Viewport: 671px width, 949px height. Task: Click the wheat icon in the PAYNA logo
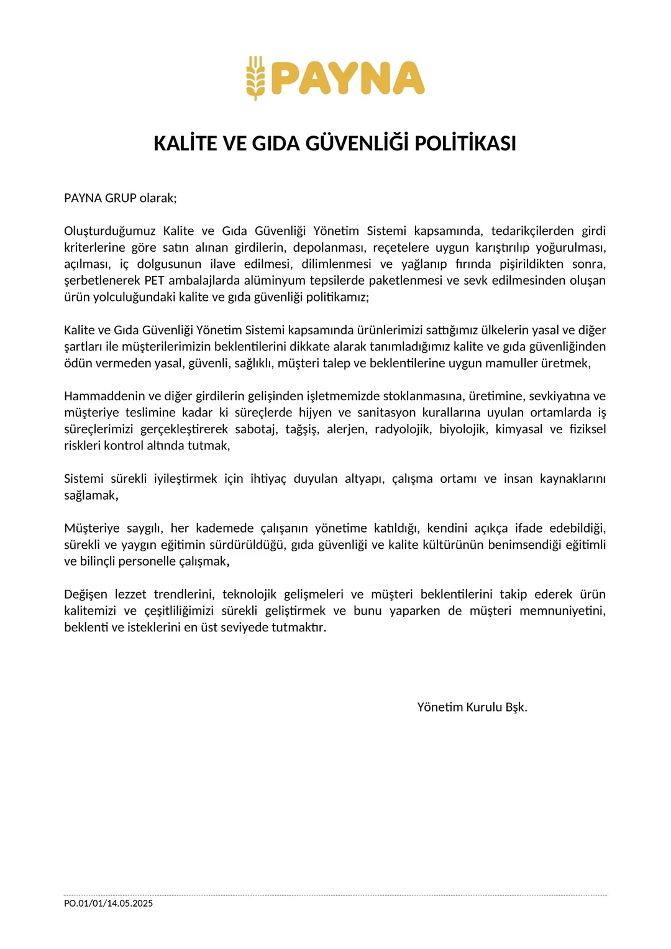255,78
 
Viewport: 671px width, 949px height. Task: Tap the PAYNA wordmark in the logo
348,78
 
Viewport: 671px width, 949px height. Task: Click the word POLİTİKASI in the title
465,144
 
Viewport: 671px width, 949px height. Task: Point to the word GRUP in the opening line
121,198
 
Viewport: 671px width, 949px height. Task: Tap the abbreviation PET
154,280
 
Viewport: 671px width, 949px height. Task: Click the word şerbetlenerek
102,280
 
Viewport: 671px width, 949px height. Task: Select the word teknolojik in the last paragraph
249,595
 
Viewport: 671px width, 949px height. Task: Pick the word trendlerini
184,595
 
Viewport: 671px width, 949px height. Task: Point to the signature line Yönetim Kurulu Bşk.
472,707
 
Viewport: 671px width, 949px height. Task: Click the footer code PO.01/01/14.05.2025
108,904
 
